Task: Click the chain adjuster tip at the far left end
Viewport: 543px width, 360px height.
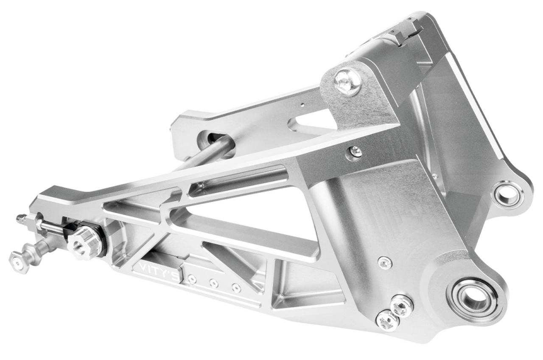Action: point(20,219)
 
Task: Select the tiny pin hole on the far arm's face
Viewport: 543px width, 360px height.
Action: point(302,103)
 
